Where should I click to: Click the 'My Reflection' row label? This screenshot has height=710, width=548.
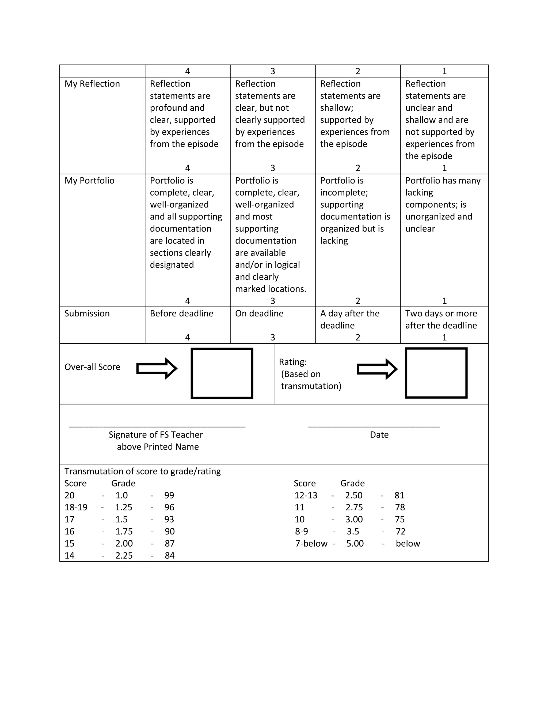point(92,84)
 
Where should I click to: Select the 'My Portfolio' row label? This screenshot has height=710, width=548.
point(89,181)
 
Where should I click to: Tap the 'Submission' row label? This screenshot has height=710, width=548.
point(87,314)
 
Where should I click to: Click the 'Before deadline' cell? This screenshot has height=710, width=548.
point(181,314)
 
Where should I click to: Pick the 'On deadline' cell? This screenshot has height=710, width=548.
point(259,314)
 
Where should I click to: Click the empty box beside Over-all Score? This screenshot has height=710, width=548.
point(222,373)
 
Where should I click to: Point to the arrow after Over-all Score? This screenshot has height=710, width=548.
point(157,369)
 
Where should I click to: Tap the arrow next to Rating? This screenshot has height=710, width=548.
point(377,369)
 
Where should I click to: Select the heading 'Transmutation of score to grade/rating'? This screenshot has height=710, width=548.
point(143,471)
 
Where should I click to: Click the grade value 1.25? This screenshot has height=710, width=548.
point(124,507)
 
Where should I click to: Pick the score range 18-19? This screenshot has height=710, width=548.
point(76,507)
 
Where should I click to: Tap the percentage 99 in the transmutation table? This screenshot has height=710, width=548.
point(169,495)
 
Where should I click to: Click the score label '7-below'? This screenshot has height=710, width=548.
point(311,544)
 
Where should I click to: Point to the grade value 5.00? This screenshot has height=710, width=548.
point(355,544)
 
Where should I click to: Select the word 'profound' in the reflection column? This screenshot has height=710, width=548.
point(177,108)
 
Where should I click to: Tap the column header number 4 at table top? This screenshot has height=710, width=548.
point(187,71)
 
